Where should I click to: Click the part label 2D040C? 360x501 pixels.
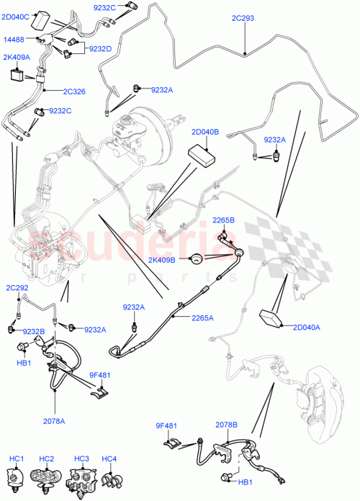(16, 16)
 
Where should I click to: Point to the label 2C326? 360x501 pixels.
(74, 91)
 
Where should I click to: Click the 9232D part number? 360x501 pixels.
(101, 49)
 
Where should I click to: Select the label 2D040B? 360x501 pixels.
(206, 133)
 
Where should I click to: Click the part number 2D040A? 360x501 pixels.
(306, 328)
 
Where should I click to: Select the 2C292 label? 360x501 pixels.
(18, 287)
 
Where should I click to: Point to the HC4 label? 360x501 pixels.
(109, 459)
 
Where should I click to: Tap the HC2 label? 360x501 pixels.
(47, 459)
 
